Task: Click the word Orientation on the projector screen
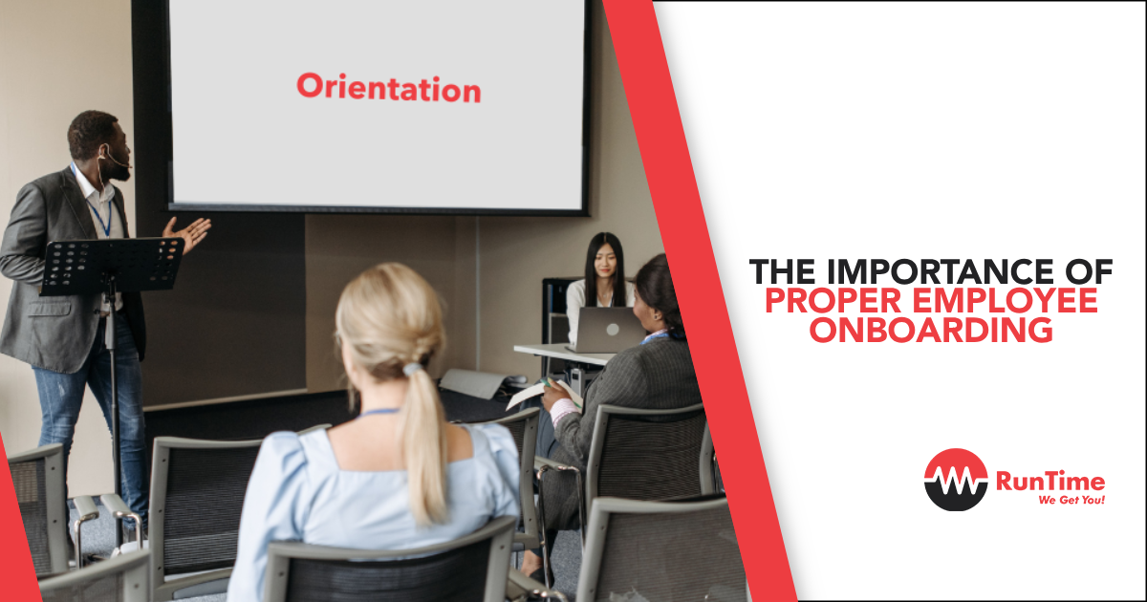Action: point(389,88)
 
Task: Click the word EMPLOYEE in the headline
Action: point(1006,301)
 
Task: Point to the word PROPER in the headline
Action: point(833,301)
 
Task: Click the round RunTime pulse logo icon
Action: point(956,480)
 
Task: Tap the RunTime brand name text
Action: point(1050,482)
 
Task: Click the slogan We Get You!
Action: point(1071,500)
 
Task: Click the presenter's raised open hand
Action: point(188,232)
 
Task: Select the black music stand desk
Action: point(112,267)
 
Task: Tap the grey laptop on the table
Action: point(607,330)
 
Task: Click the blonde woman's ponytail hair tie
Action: point(412,369)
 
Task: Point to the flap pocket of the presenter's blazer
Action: point(49,310)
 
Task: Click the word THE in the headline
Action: point(783,271)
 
